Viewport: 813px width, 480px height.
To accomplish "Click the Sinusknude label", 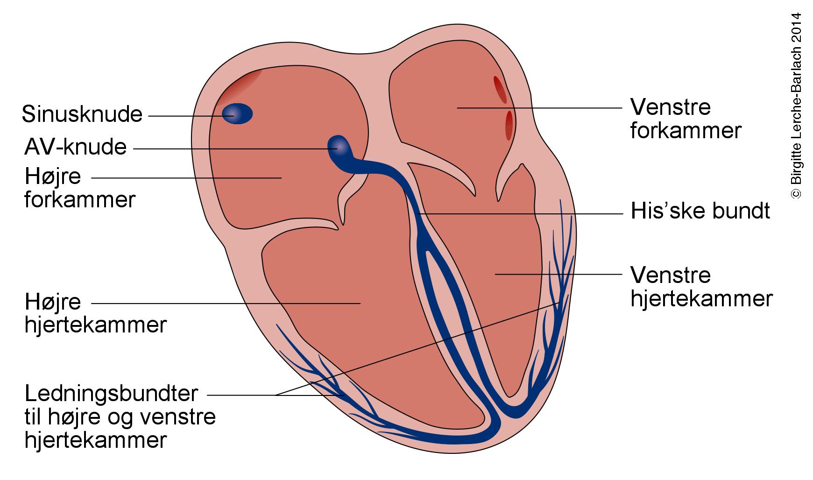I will coord(82,114).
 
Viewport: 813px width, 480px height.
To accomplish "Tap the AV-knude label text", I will coord(76,147).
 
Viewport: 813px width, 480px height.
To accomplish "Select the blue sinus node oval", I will coord(237,113).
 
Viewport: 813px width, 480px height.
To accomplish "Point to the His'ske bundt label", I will coord(700,211).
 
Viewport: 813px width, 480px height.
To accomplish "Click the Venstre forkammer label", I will coord(685,119).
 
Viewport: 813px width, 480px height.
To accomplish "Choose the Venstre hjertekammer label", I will coord(701,287).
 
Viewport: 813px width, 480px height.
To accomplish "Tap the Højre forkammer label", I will coord(79,188).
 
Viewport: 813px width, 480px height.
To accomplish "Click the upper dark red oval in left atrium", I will coord(500,89).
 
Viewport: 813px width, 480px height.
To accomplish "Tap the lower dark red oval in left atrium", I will coord(509,125).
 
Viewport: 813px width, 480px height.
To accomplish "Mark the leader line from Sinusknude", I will coord(187,115).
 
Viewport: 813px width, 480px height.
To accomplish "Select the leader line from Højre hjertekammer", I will coord(224,304).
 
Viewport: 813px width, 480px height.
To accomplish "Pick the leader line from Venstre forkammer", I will coord(537,108).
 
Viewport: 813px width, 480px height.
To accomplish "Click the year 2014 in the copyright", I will coord(796,28).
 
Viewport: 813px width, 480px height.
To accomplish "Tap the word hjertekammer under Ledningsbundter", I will coord(95,440).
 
